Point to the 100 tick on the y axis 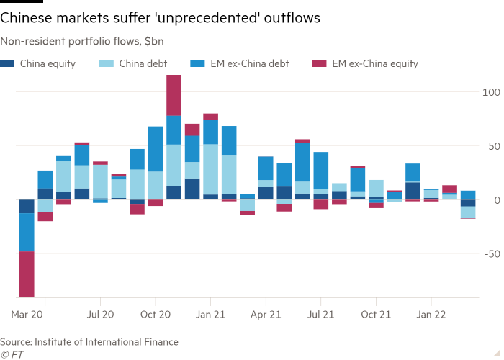click(491, 92)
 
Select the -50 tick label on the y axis click(492, 253)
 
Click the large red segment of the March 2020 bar click(27, 274)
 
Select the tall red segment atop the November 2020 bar click(174, 95)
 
